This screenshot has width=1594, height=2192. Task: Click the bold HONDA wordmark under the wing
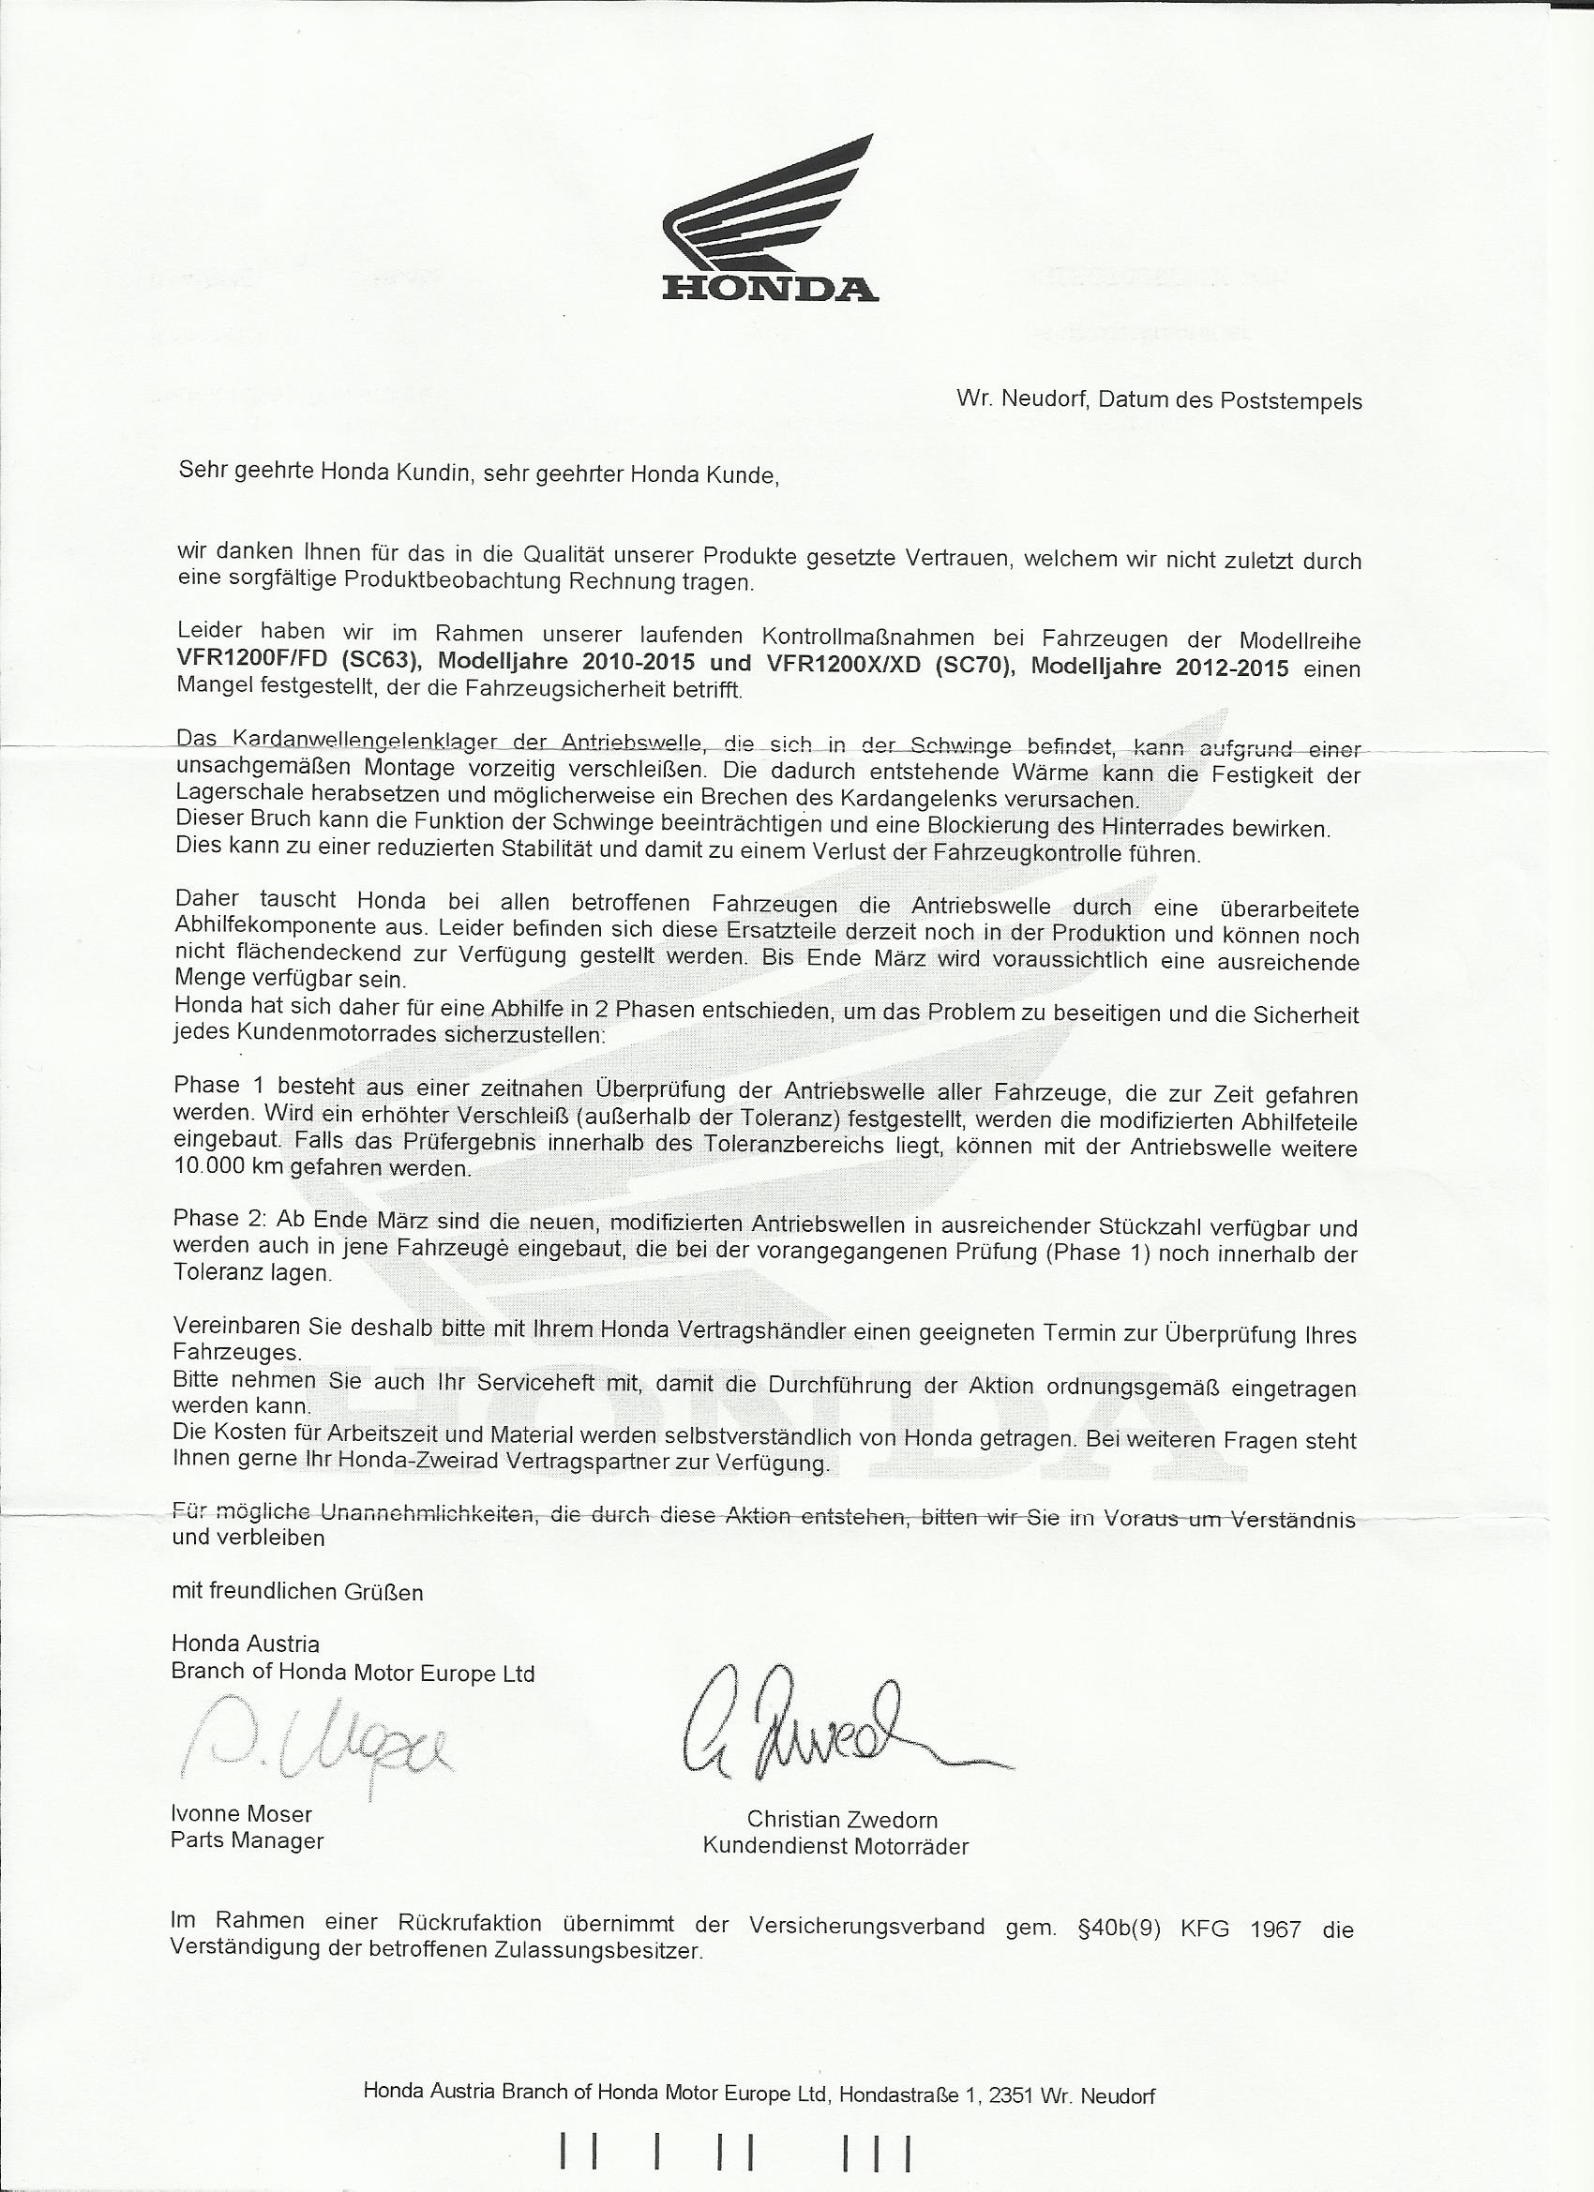(771, 288)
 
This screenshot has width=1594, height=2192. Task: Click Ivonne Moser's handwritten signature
(314, 1747)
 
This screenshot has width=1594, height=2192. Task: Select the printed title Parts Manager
(248, 1839)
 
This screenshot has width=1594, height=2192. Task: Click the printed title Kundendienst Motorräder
(835, 1846)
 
